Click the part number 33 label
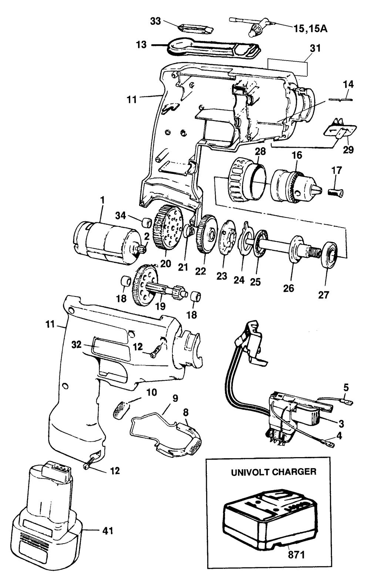coord(155,21)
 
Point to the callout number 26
coord(289,288)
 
